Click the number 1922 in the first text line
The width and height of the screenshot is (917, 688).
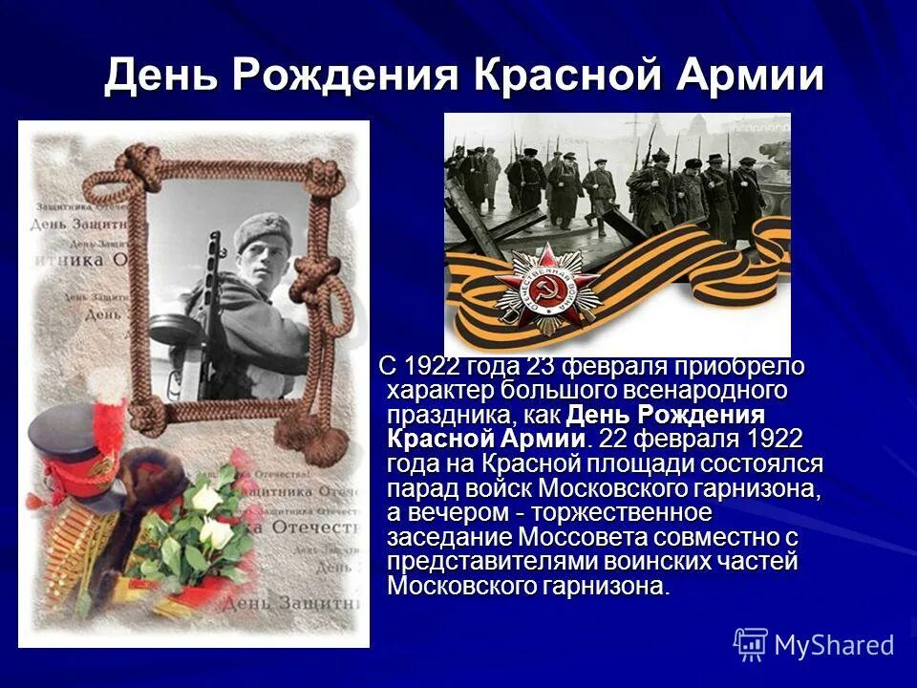(435, 367)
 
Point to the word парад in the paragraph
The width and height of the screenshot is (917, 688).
(418, 488)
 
